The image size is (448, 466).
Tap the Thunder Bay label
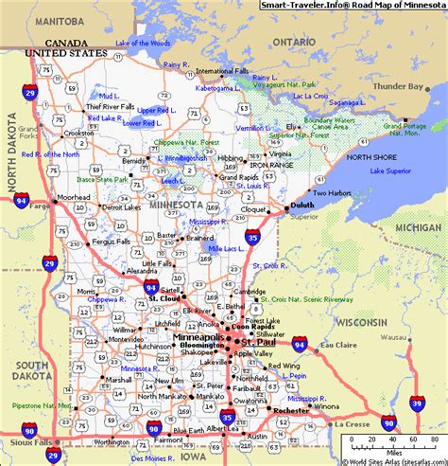click(398, 87)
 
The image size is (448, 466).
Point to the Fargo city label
click(40, 204)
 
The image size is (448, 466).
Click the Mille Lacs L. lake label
click(223, 248)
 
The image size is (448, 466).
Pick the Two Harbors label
click(332, 193)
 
